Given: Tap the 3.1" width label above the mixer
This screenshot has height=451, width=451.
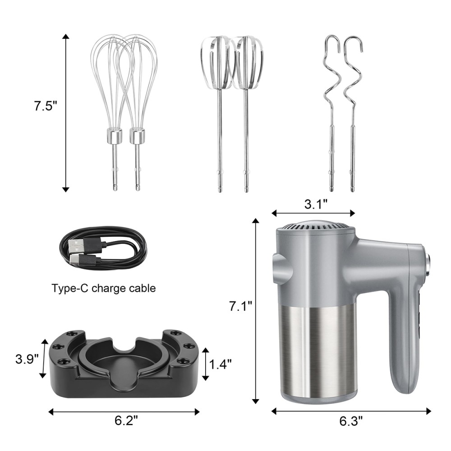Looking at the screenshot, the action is (316, 204).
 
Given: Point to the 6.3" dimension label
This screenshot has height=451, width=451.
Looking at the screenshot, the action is (351, 421).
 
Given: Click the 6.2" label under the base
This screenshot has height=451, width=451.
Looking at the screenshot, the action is (127, 420).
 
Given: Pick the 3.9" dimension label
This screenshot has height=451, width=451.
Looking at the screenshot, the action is (27, 359).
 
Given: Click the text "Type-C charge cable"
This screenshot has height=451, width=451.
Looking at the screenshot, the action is (104, 288).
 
